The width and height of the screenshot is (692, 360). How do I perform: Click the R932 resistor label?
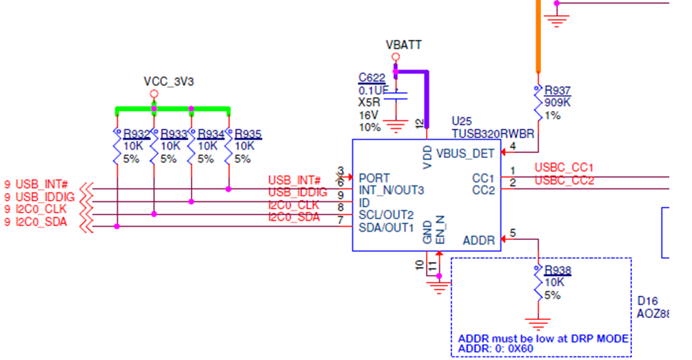[136, 134]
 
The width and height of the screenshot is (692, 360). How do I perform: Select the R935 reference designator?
[248, 134]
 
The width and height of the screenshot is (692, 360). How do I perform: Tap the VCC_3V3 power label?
[169, 81]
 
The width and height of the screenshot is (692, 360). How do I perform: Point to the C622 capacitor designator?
[372, 77]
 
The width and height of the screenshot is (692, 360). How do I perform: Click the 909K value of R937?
[558, 103]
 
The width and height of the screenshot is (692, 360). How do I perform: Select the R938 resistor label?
[558, 270]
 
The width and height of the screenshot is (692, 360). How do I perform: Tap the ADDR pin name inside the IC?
[478, 241]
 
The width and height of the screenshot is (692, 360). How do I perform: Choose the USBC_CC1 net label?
[564, 168]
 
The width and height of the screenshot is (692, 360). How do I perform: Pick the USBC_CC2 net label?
[564, 181]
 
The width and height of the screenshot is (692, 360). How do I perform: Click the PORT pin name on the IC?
[374, 178]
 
